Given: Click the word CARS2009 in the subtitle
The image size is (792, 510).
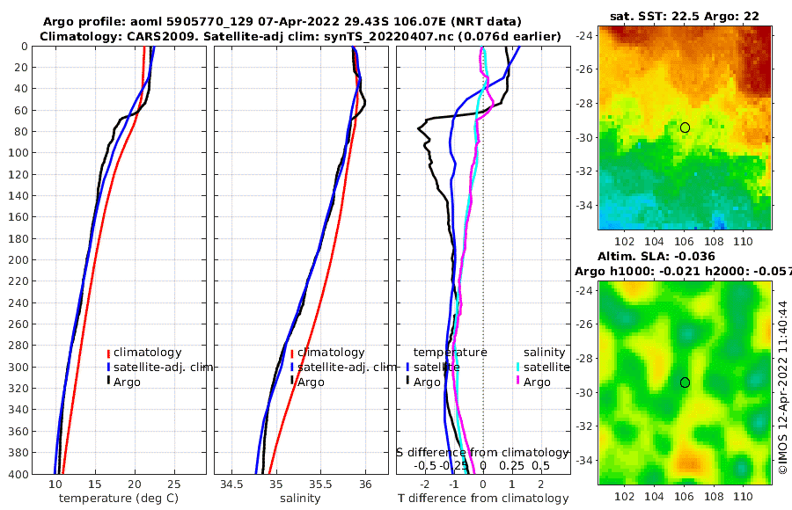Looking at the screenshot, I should click(143, 36).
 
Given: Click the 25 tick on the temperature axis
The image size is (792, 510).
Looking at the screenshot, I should click(173, 484).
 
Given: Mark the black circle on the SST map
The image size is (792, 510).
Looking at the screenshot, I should click(685, 127).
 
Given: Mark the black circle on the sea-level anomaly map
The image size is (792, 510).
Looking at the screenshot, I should click(685, 382).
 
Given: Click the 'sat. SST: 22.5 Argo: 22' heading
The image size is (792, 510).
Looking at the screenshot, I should click(685, 16).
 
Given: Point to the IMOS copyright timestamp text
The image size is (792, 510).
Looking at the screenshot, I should click(782, 388).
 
